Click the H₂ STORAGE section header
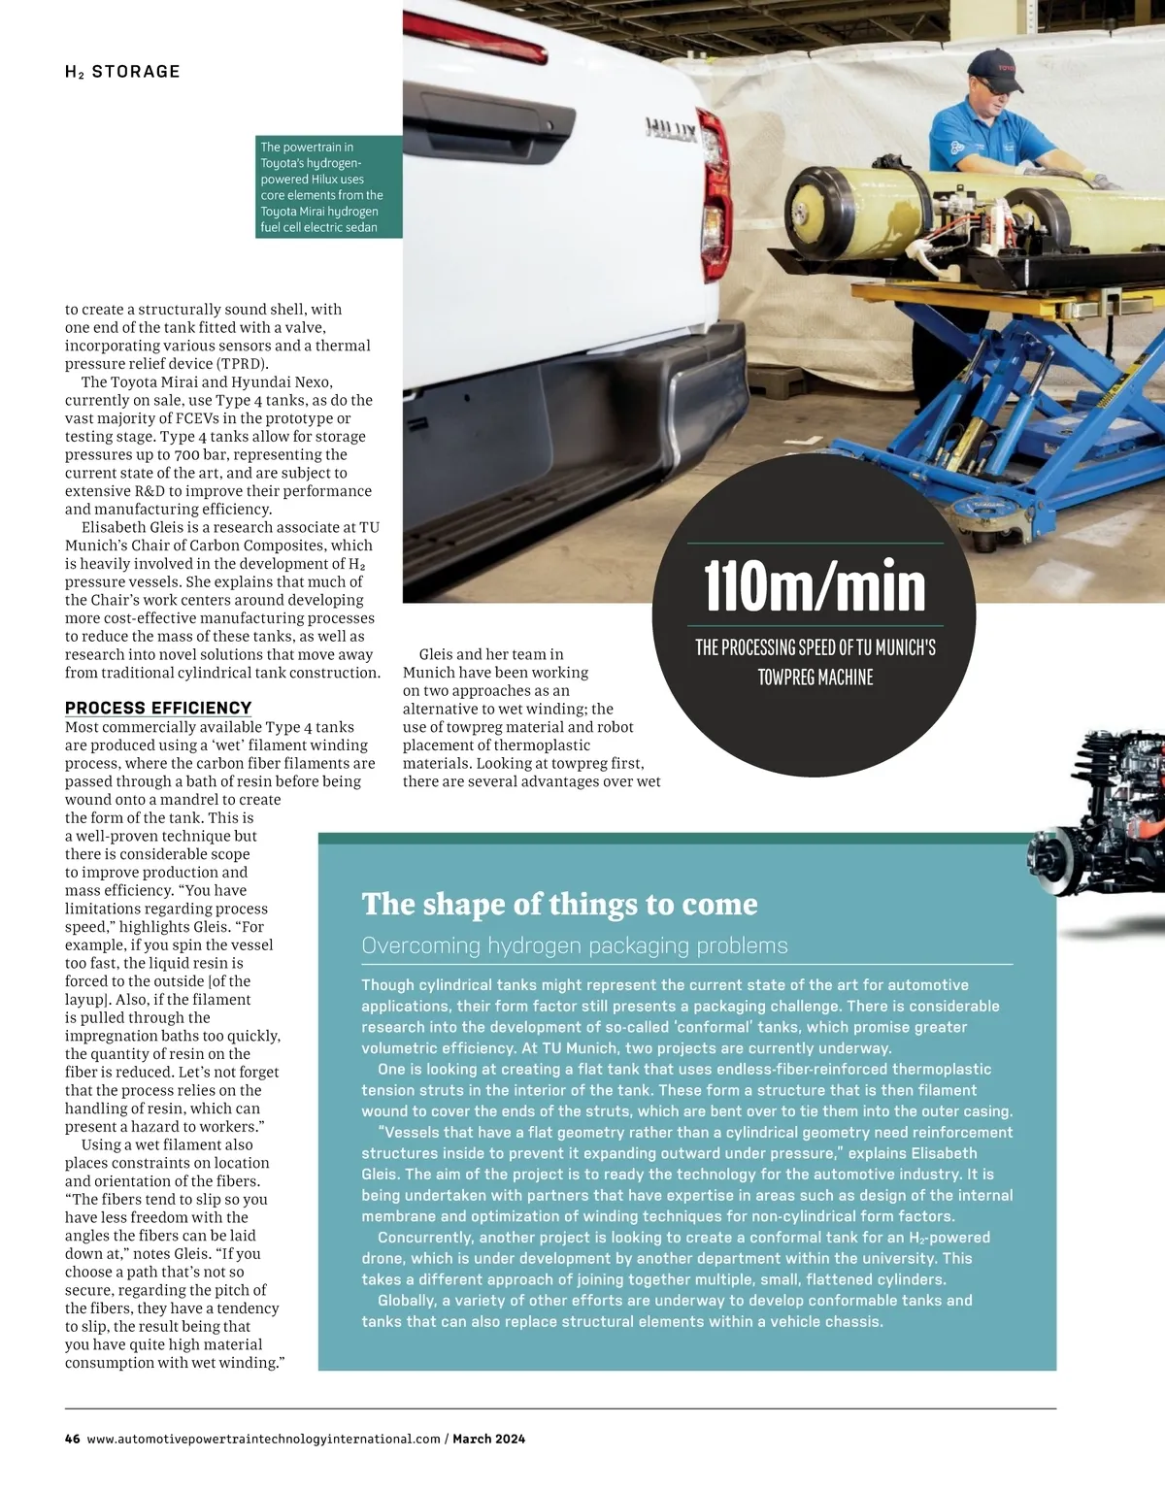tap(122, 72)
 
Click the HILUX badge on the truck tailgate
tap(671, 129)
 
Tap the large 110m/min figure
tap(815, 586)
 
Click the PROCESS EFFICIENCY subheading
tap(158, 708)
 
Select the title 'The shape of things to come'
tap(559, 904)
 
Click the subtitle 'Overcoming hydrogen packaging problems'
tap(575, 945)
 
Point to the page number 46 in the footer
tap(73, 1439)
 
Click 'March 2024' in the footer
tap(488, 1439)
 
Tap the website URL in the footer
tap(263, 1439)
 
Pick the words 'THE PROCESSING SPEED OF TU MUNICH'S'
tap(815, 647)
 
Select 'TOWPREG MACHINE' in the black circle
tap(815, 678)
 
